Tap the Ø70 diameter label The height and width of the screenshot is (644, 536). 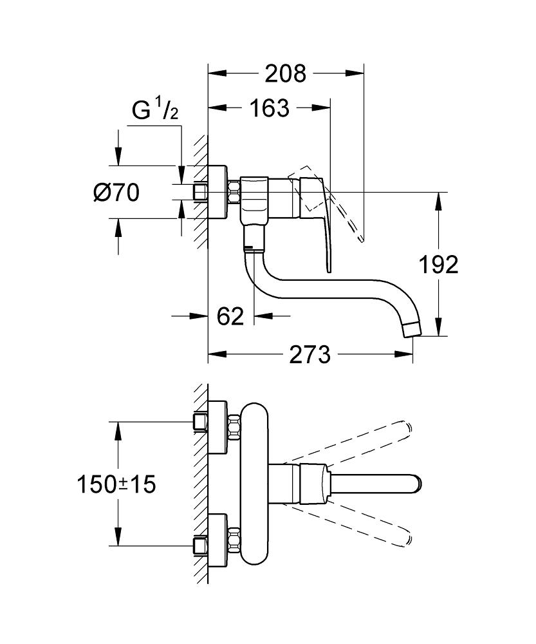click(116, 192)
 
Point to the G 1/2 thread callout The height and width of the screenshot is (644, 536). click(155, 111)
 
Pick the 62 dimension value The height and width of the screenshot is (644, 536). click(230, 316)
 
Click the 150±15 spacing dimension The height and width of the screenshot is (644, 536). click(116, 484)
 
